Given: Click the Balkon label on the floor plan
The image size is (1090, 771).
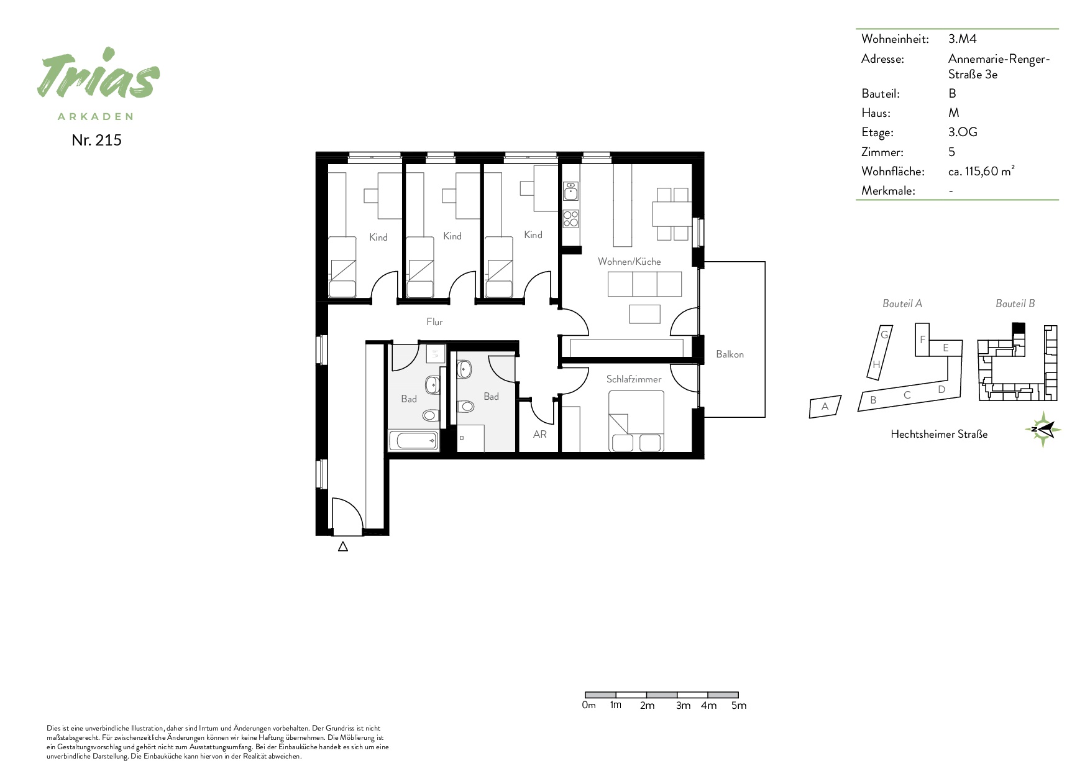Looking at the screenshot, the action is pos(730,354).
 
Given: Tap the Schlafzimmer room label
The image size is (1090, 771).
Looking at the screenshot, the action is pos(634,379).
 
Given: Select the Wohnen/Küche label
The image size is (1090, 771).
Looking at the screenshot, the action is pos(630,262).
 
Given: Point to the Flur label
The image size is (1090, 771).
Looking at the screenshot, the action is pos(434,321).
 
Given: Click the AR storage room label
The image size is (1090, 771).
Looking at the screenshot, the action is pos(540,435).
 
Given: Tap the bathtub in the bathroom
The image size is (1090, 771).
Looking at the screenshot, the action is pos(414,441).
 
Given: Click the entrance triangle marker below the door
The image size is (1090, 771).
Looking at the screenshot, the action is pos(342,547).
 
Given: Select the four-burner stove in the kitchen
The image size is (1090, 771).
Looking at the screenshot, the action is pos(570,219).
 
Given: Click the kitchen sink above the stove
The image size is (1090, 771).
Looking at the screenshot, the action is pos(570,191).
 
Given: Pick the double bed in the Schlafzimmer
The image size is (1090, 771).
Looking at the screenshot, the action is pos(636,421).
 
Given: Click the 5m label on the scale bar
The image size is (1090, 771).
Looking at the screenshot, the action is pos(739,705).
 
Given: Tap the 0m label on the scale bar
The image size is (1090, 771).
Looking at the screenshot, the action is pos(589,705).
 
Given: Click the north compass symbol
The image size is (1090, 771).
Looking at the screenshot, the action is pos(1043,429).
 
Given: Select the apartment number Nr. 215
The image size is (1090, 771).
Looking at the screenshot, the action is pos(96,140).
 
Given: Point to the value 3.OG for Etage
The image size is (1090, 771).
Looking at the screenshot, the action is pos(963,132).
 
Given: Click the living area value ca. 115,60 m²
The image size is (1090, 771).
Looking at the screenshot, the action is pos(981,171).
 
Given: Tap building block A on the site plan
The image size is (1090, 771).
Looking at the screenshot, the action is pos(825,407).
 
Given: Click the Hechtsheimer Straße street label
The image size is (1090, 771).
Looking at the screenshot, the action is pos(939,434).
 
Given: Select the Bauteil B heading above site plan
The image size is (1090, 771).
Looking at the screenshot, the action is pos(1015,303).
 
